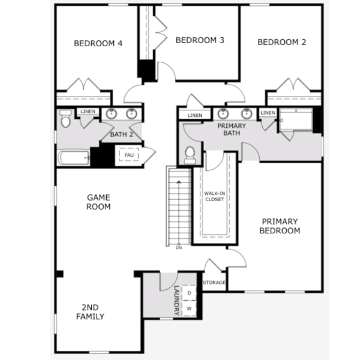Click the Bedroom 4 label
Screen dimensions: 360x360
pos(98,43)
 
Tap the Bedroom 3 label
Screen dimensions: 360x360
pos(200,40)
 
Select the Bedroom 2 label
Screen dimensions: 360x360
pos(282,42)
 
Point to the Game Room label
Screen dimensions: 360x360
pos(98,202)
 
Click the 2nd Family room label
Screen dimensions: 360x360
pos(90,312)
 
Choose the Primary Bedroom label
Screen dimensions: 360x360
pos(280,226)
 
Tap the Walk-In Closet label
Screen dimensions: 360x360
pos(214,196)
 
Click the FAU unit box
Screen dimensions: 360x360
pos(129,155)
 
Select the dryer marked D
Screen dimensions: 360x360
pos(189,293)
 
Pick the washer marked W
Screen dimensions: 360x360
pos(189,308)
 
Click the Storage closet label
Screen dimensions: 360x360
pos(214,283)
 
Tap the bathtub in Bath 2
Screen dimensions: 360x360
pos(74,157)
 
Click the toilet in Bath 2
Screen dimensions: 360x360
pos(65,118)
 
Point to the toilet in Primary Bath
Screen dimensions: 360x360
pos(190,155)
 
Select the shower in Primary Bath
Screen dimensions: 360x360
pos(296,119)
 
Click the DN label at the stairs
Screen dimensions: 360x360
pos(179,248)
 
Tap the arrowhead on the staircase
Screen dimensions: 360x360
pos(179,182)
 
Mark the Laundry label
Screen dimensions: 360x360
pos(176,301)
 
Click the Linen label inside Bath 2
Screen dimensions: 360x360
pos(88,112)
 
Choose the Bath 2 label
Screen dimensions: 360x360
pos(122,134)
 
